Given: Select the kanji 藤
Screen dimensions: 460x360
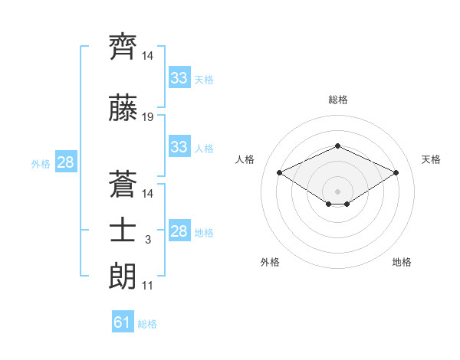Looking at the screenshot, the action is (123, 107).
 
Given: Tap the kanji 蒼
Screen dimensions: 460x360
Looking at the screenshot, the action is (123, 184).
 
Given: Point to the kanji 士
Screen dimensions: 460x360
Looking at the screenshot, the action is (123, 231).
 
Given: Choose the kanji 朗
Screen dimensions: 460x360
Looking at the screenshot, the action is (123, 277).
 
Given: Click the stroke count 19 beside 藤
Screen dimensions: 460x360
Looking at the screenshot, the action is (147, 117).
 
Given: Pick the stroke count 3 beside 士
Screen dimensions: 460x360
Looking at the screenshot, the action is (148, 240).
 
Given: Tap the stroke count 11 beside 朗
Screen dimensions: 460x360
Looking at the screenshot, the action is (147, 286).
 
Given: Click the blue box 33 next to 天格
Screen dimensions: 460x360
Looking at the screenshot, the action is (179, 77).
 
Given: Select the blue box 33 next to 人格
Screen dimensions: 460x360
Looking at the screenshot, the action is (179, 146).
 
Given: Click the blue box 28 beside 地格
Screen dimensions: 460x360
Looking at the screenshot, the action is (179, 230).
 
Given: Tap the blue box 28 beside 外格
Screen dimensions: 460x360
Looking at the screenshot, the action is (66, 162).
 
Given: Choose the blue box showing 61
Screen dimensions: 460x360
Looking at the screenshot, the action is (123, 321).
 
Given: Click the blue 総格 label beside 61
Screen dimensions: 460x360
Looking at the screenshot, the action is (147, 324).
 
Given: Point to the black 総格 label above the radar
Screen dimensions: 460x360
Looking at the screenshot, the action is (338, 100).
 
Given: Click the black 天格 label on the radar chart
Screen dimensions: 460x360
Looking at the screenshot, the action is (431, 159).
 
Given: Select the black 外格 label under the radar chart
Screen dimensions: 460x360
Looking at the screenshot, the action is (270, 262).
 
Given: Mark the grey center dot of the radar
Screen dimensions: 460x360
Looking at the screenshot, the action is (337, 191).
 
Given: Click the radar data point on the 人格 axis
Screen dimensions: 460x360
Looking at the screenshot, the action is (280, 172).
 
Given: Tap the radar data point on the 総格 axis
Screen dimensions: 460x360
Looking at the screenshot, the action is (337, 146).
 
